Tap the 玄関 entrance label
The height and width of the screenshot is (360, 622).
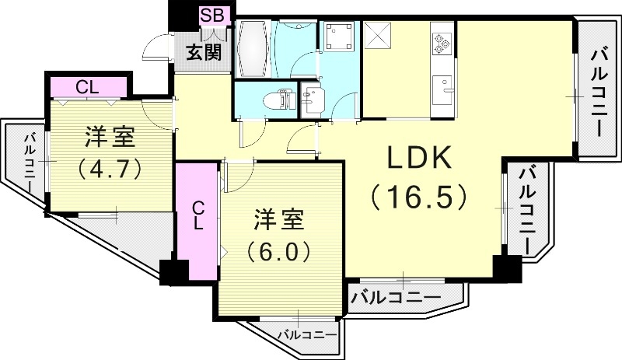point(203,52)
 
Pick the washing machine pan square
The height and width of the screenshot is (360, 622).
point(339,37)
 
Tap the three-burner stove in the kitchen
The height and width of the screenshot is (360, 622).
point(443,42)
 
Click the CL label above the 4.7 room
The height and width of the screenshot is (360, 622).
point(87,86)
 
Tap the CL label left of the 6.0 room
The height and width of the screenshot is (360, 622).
point(198,215)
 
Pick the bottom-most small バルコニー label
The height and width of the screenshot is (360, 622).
point(308,335)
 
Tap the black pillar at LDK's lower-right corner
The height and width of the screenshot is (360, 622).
point(508,269)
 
